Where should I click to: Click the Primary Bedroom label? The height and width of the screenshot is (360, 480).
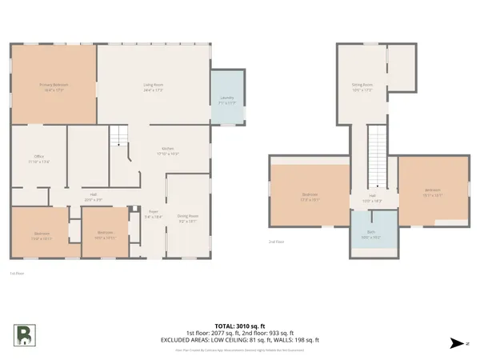click(53, 86)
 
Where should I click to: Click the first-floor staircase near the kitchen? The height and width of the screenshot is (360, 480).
click(119, 138)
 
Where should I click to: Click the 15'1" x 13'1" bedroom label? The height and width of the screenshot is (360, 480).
click(433, 192)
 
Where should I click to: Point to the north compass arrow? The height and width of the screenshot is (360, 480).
click(457, 342)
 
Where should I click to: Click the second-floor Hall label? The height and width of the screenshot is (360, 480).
click(373, 197)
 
